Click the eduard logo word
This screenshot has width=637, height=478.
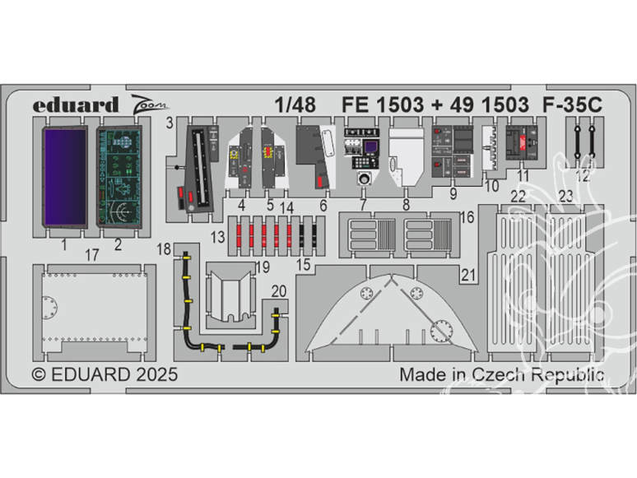[76, 105]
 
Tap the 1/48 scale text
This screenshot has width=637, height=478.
[295, 104]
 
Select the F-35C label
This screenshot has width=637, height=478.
[572, 104]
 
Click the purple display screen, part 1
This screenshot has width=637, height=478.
[65, 177]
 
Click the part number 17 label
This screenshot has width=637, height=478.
[92, 255]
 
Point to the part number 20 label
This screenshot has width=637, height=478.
[279, 291]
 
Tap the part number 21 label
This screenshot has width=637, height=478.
[468, 276]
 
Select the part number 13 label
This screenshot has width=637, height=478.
[218, 237]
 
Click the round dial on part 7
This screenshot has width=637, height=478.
[365, 179]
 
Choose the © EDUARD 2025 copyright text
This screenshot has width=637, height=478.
[105, 374]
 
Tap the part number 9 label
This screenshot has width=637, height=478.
[453, 193]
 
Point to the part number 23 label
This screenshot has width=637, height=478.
[565, 197]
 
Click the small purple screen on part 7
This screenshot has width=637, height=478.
[370, 146]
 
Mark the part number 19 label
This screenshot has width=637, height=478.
[263, 267]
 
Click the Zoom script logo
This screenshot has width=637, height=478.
[150, 103]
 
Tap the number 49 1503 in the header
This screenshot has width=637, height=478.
[489, 104]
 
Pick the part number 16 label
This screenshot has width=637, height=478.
[467, 217]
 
